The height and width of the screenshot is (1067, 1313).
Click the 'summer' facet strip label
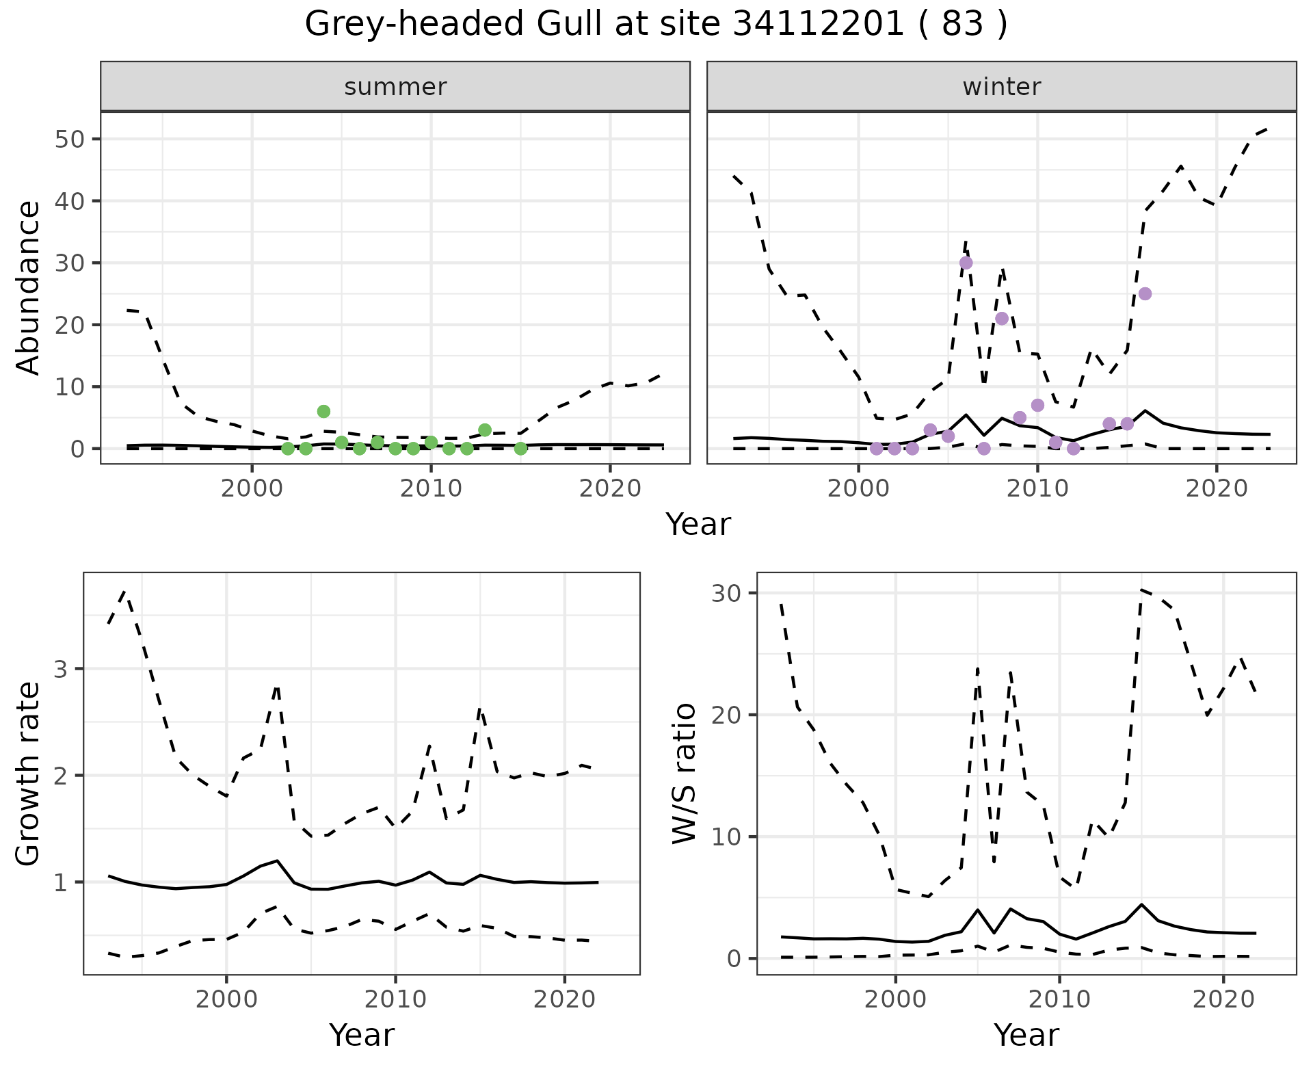tap(395, 87)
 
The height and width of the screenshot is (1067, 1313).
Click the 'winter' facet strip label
tap(1001, 87)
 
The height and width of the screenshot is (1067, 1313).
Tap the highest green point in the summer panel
tap(323, 411)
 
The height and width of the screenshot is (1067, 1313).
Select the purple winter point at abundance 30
tap(966, 263)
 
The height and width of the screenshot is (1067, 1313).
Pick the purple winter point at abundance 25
tap(1145, 293)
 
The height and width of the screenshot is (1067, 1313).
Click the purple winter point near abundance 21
tap(1002, 318)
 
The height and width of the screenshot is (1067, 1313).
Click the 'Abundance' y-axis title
tap(29, 287)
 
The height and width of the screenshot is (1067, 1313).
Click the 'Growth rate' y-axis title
tap(29, 774)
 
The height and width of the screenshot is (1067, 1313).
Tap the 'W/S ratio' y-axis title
tap(685, 774)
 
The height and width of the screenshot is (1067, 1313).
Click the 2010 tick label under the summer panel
tap(431, 488)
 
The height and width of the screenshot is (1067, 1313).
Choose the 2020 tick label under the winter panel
tap(1216, 488)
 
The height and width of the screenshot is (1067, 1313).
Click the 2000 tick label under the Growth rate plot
tap(226, 999)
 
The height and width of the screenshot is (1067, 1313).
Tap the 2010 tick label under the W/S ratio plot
tap(1059, 999)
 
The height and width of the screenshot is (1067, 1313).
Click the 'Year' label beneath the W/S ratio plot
tap(1026, 1035)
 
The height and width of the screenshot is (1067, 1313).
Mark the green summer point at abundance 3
tap(485, 430)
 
